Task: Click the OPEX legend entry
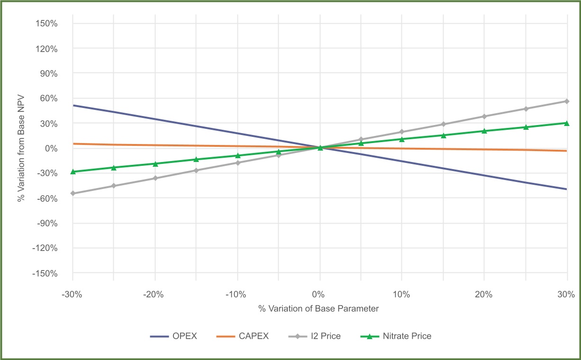(x=173, y=336)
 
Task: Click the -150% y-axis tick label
(x=45, y=274)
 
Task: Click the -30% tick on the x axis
(x=73, y=295)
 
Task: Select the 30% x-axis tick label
(x=567, y=295)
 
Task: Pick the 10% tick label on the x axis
(x=402, y=295)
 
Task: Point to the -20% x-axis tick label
(x=155, y=295)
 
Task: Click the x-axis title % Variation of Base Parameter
(x=318, y=309)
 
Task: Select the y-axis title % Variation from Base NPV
(x=21, y=149)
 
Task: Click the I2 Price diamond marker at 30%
(x=567, y=101)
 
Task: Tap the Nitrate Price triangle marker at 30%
(x=567, y=123)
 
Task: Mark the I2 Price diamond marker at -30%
(x=73, y=193)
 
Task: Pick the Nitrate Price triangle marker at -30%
(x=73, y=171)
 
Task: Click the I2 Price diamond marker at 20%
(x=484, y=117)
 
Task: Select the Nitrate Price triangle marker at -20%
(x=155, y=164)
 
